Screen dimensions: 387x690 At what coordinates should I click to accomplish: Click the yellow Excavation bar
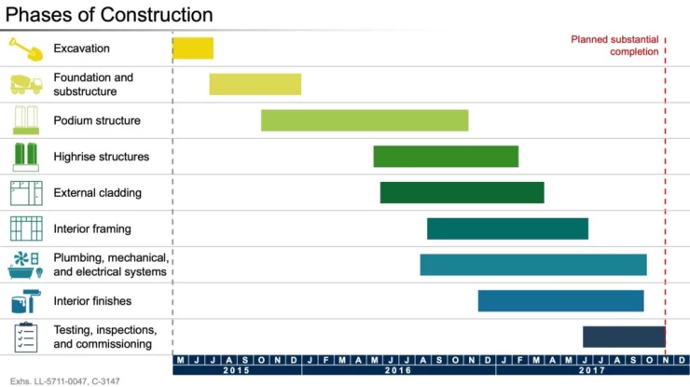tap(193, 48)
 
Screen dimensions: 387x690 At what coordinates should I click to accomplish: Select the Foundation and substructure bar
tap(255, 84)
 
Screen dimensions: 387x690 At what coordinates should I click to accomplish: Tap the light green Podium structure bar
tap(364, 120)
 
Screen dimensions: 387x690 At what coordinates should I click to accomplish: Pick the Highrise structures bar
tap(446, 157)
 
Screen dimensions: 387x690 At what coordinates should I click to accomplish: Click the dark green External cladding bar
tap(462, 192)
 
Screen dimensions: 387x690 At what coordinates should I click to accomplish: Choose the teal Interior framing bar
tap(507, 228)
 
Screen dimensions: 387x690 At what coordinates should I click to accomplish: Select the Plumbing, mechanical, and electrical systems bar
tap(532, 265)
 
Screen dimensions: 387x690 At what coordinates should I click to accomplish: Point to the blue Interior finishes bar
tap(560, 300)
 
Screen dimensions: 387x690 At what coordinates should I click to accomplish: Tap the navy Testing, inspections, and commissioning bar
tap(623, 337)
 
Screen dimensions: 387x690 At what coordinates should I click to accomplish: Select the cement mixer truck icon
tap(25, 84)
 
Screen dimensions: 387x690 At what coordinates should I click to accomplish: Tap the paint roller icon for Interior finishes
tap(25, 301)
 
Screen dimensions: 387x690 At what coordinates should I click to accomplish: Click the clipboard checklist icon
tap(25, 337)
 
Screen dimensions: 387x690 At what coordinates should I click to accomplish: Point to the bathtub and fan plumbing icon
tap(25, 265)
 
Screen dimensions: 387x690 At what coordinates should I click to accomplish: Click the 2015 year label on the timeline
tap(237, 370)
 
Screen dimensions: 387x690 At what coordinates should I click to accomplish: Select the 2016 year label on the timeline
tap(397, 370)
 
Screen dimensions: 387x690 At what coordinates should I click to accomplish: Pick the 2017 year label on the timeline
tap(591, 370)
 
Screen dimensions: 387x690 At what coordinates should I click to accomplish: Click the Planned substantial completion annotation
tap(614, 46)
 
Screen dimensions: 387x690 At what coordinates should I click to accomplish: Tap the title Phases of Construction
tap(109, 15)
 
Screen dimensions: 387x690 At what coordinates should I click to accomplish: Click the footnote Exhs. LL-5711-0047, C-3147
tap(64, 381)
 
